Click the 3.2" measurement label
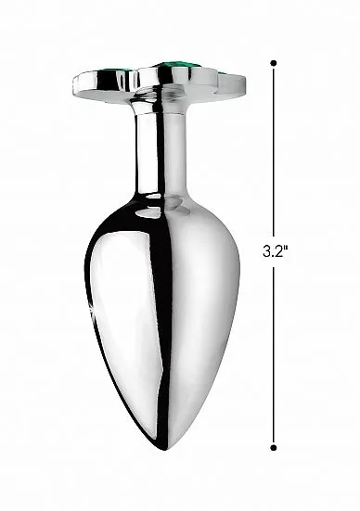(x=276, y=251)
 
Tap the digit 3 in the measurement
(x=268, y=251)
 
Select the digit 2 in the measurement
(x=279, y=251)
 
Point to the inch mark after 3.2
(x=287, y=248)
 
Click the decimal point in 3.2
(x=274, y=256)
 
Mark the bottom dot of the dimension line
(x=274, y=447)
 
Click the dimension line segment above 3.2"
(x=274, y=148)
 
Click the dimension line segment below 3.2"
(x=274, y=352)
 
